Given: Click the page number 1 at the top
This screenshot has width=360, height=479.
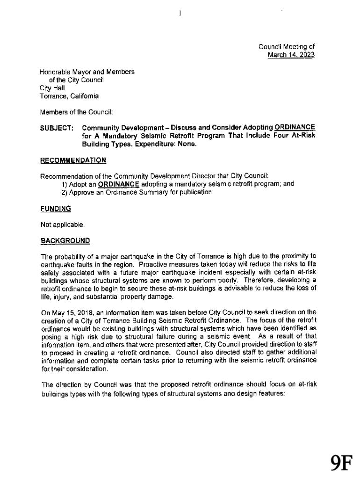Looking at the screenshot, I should [x=180, y=13].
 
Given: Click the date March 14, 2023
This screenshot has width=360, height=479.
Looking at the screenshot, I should [x=291, y=55].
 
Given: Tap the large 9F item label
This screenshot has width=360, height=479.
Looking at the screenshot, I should [x=341, y=462].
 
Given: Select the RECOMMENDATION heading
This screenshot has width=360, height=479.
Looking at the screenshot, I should [x=73, y=160].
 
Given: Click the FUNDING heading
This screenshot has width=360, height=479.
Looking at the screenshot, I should [x=56, y=208].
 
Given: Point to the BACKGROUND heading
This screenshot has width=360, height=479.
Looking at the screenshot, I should [x=65, y=240].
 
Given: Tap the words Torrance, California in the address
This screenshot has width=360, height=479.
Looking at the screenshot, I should [x=69, y=96].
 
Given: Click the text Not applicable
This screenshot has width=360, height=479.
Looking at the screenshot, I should [x=63, y=225].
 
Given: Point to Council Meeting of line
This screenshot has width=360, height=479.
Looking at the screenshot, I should [x=287, y=47].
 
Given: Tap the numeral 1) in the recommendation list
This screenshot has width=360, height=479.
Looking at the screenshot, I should [x=65, y=184].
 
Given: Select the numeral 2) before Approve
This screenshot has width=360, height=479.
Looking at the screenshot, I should [x=65, y=192].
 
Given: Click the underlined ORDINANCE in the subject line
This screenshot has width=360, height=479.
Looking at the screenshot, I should [x=295, y=128].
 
